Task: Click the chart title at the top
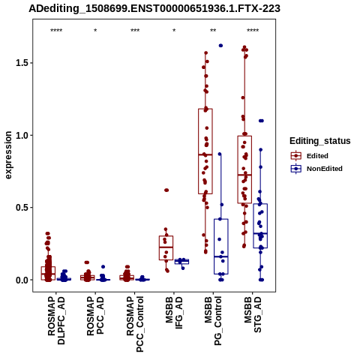pyautogui.click(x=154, y=8)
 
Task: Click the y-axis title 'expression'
pyautogui.click(x=8, y=155)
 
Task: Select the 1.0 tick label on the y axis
pyautogui.click(x=21, y=135)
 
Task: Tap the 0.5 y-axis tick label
pyautogui.click(x=21, y=208)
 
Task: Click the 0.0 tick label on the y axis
pyautogui.click(x=21, y=280)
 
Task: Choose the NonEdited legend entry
pyautogui.click(x=316, y=169)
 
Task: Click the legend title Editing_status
pyautogui.click(x=320, y=141)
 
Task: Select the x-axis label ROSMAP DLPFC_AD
pyautogui.click(x=56, y=320)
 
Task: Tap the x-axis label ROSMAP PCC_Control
pyautogui.click(x=135, y=324)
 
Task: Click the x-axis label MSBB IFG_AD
pyautogui.click(x=174, y=313)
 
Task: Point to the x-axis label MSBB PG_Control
pyautogui.click(x=213, y=321)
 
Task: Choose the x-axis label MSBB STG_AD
pyautogui.click(x=253, y=315)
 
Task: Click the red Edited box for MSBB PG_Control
pyautogui.click(x=205, y=151)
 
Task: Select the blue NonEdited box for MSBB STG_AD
pyautogui.click(x=260, y=226)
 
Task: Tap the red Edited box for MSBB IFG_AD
pyautogui.click(x=166, y=247)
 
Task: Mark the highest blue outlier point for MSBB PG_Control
pyautogui.click(x=220, y=46)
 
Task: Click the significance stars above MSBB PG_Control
pyautogui.click(x=213, y=31)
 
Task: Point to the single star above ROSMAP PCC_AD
pyautogui.click(x=95, y=31)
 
